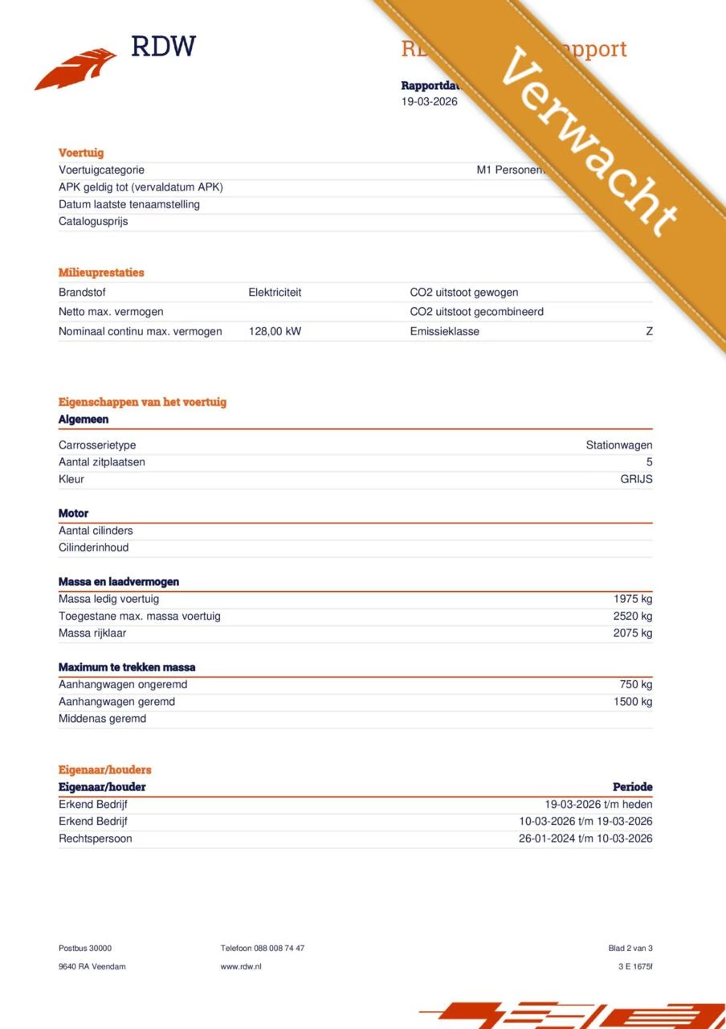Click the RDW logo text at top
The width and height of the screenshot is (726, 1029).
163,46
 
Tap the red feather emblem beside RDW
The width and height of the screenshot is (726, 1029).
75,68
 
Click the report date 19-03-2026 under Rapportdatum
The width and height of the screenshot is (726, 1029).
430,101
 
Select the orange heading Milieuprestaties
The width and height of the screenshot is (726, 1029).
101,273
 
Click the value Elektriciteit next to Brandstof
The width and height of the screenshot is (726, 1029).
275,293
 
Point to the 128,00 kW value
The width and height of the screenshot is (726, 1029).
275,331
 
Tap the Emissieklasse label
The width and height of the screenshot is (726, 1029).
444,331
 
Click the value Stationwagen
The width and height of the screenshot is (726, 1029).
618,445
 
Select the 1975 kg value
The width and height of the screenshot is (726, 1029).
632,599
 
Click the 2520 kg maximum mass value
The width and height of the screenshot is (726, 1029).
632,616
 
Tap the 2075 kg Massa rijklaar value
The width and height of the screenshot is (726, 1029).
632,633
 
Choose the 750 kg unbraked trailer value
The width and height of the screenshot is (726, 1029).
635,685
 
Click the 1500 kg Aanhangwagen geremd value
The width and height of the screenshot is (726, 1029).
632,702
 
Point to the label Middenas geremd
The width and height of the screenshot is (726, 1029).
102,719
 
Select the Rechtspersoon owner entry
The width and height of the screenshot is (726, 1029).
95,838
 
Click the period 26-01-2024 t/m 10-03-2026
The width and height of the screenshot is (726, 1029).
585,838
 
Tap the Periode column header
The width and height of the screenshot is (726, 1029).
632,787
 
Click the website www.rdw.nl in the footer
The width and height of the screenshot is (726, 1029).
241,966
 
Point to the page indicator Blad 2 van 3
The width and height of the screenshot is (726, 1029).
630,949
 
